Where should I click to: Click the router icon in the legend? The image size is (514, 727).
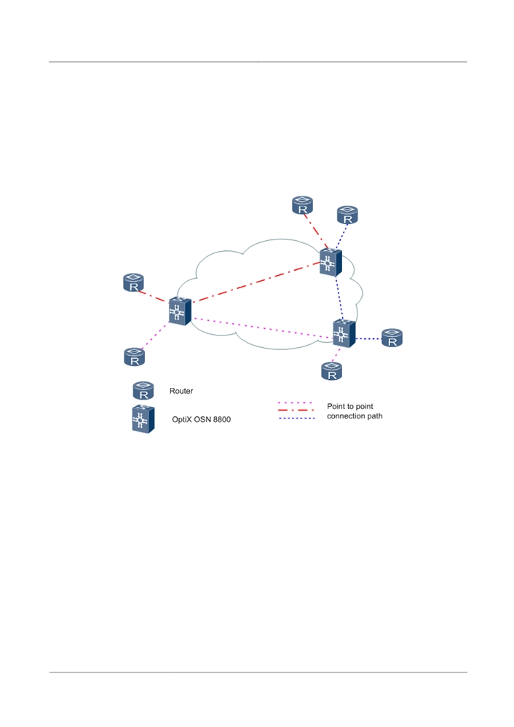(143, 391)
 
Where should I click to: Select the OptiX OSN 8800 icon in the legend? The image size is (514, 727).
(143, 419)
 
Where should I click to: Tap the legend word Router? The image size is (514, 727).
(181, 391)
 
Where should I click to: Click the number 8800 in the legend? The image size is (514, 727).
(222, 420)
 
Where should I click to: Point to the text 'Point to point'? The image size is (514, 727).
(349, 406)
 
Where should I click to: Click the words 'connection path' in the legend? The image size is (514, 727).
(355, 416)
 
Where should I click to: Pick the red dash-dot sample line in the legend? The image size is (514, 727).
(296, 410)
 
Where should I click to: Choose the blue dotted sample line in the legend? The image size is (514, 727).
(296, 418)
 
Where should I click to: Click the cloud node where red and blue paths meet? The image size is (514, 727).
(331, 263)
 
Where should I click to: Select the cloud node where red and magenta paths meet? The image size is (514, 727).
(180, 311)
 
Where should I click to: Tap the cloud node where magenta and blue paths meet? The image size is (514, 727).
(344, 333)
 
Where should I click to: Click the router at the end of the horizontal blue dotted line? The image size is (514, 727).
(392, 338)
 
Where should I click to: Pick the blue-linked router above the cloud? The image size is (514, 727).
(347, 215)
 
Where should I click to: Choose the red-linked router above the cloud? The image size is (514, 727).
(302, 205)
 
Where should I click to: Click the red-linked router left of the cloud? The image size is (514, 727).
(134, 283)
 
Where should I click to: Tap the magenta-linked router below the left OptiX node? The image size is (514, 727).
(135, 357)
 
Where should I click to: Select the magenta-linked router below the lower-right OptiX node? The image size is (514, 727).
(332, 371)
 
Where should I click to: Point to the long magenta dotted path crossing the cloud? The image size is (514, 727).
(262, 327)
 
